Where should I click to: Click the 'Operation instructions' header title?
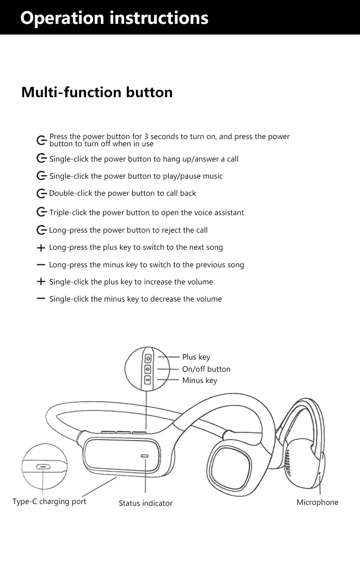click(x=114, y=18)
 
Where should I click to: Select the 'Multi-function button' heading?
click(x=97, y=92)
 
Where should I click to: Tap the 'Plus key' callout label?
click(x=196, y=357)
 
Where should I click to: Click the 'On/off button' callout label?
click(x=206, y=369)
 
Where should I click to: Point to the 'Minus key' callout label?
click(x=199, y=380)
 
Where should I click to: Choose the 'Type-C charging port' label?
click(x=49, y=501)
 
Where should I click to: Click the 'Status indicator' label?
click(x=145, y=503)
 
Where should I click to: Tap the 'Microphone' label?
click(x=317, y=502)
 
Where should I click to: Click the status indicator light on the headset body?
click(x=144, y=456)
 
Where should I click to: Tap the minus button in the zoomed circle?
click(x=148, y=380)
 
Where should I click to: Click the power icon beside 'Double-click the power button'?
click(x=41, y=193)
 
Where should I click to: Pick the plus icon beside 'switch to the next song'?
click(x=41, y=247)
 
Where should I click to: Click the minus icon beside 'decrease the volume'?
click(x=41, y=298)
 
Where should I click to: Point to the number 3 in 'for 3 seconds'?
click(x=146, y=136)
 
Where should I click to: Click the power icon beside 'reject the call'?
click(x=41, y=230)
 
